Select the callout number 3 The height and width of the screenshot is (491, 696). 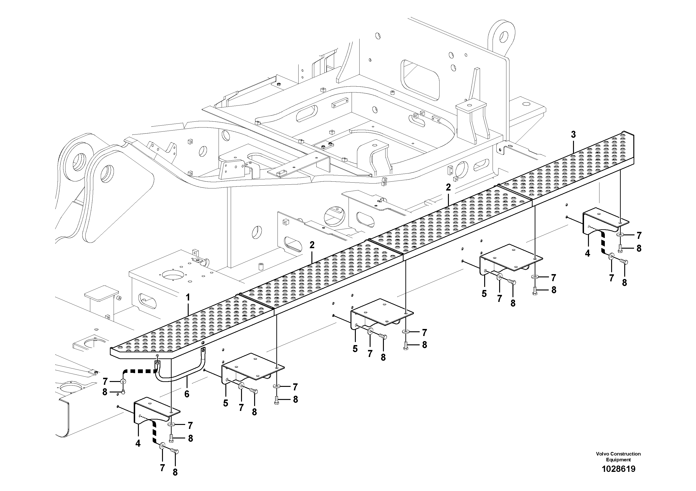pos(573,135)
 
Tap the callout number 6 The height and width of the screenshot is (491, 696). pos(187,394)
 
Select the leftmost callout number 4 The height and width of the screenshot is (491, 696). pos(138,443)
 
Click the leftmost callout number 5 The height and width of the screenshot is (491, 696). pos(226,403)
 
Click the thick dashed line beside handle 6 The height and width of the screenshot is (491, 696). pos(139,371)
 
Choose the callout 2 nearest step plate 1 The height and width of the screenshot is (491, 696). pos(312,245)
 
